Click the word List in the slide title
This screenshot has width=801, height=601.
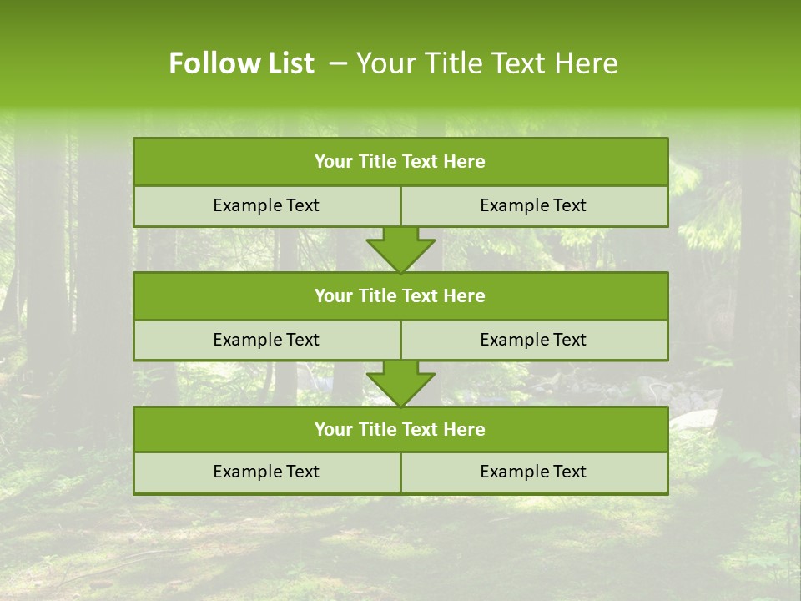point(286,63)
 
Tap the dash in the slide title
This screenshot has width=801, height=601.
point(338,63)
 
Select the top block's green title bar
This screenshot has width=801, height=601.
point(400,162)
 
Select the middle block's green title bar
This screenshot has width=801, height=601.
point(400,295)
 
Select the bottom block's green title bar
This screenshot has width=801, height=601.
point(400,429)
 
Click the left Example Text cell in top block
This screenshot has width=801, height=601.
point(267,205)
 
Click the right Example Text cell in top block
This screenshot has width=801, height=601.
point(534,205)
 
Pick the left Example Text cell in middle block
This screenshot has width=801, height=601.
point(267,340)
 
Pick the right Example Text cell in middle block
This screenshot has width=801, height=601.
point(534,340)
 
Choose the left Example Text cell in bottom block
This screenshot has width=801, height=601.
point(267,472)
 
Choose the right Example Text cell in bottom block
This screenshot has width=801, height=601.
point(534,472)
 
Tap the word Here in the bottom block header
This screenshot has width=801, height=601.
point(465,429)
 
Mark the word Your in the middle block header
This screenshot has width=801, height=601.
point(333,295)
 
